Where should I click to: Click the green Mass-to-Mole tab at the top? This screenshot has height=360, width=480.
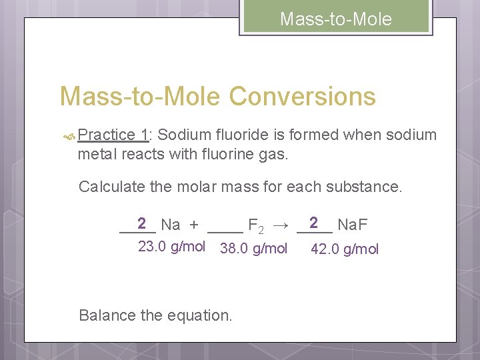pyautogui.click(x=335, y=18)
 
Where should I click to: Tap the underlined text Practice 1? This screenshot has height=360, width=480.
pyautogui.click(x=112, y=135)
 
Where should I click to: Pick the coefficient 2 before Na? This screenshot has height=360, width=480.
pyautogui.click(x=141, y=223)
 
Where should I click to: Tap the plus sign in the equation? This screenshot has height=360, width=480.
pyautogui.click(x=193, y=225)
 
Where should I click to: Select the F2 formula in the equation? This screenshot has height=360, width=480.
pyautogui.click(x=255, y=226)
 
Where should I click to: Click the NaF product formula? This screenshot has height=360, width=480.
pyautogui.click(x=353, y=225)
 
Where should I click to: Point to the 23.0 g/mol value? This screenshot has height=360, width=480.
pyautogui.click(x=171, y=247)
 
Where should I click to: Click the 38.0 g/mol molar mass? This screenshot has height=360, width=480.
pyautogui.click(x=253, y=249)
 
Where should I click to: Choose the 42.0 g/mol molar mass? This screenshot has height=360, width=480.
pyautogui.click(x=345, y=249)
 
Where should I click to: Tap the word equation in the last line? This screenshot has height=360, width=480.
pyautogui.click(x=200, y=315)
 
